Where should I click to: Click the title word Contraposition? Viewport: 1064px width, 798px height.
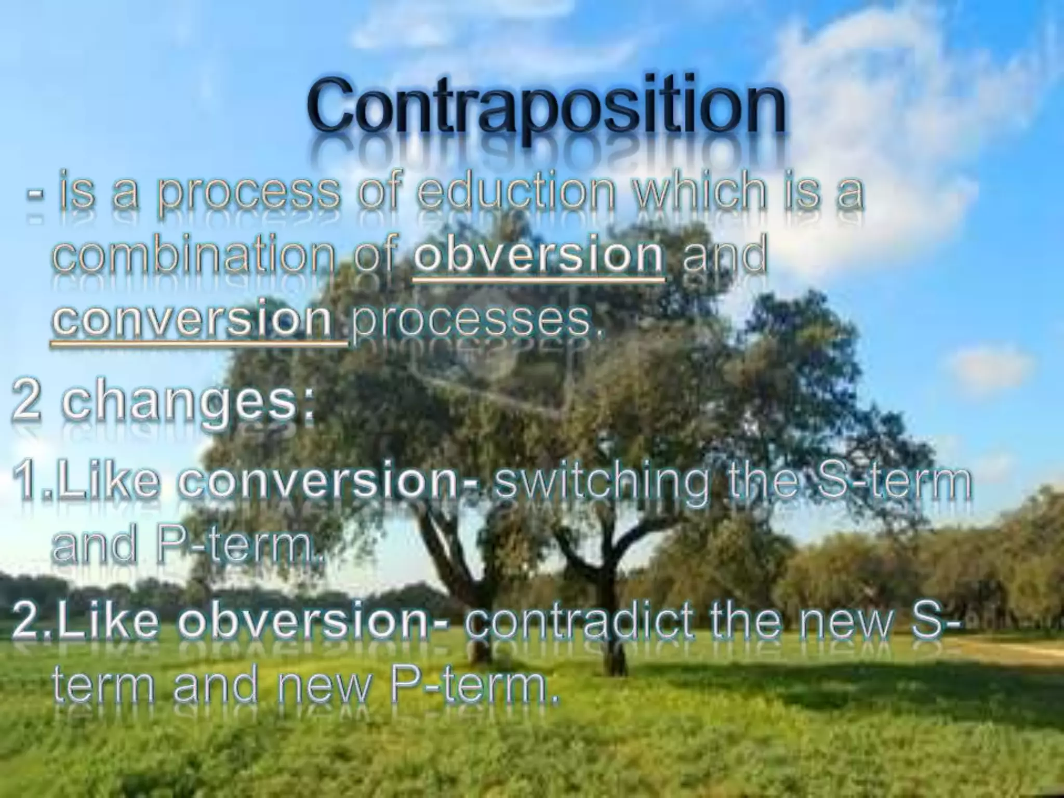click(x=546, y=107)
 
